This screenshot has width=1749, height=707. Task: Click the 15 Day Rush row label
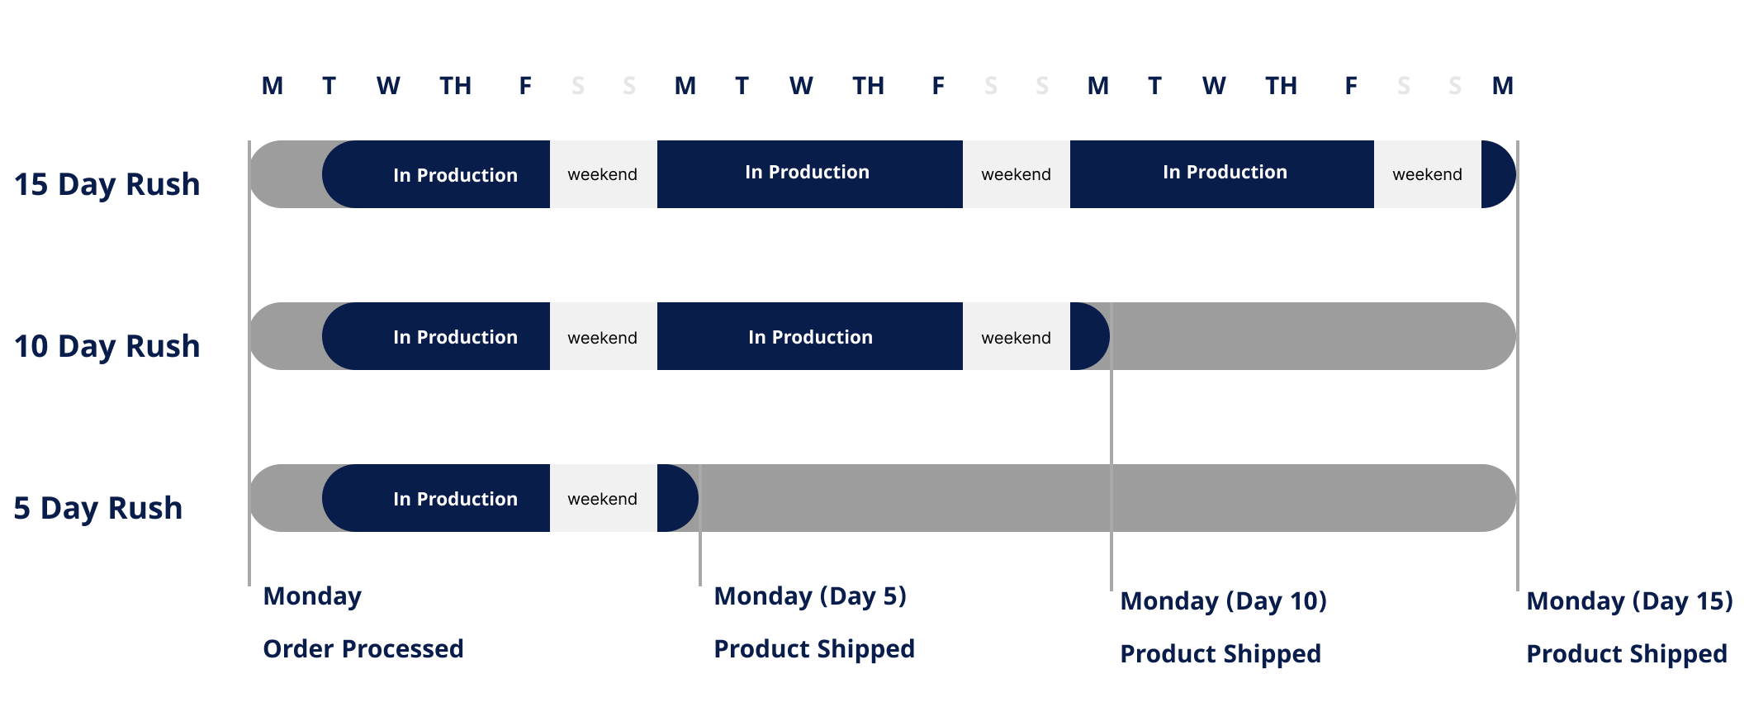pos(107,184)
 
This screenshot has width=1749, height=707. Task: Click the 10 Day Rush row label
pos(107,346)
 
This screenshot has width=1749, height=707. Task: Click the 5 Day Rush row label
pos(97,508)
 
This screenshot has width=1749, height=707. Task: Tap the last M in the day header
pos(1502,86)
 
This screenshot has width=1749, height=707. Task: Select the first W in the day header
pos(388,86)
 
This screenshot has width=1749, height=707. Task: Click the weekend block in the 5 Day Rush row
pos(603,499)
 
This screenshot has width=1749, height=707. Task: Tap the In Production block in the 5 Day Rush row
pos(454,499)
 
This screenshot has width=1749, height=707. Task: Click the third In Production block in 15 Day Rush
pos(1224,173)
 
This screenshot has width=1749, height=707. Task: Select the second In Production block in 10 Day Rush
pos(810,337)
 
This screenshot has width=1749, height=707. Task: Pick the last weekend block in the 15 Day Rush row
pos(1427,174)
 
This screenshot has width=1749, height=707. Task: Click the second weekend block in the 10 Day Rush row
pos(1016,337)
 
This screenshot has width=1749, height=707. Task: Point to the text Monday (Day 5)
pos(810,595)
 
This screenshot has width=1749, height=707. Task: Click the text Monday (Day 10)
pos(1223,600)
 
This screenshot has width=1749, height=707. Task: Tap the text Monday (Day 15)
pos(1629,600)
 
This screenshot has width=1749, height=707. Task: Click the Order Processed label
pos(363,648)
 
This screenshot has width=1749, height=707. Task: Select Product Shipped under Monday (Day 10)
pos(1221,653)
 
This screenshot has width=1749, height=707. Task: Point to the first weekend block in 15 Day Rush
pos(603,174)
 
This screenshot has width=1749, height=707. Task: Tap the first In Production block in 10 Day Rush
pos(454,337)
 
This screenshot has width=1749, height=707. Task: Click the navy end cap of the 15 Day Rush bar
pos(1497,174)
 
